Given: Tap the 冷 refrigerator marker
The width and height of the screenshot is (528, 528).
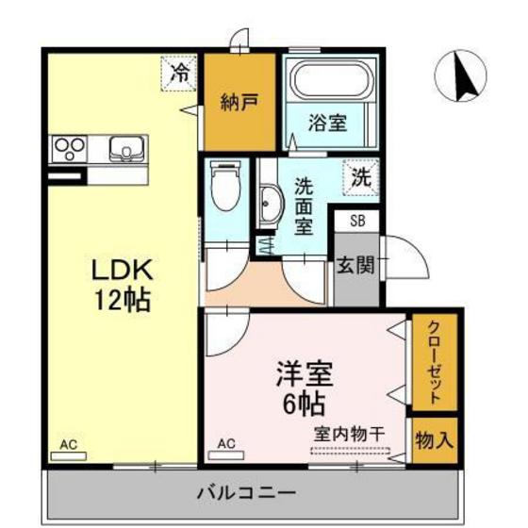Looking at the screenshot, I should click(x=178, y=73).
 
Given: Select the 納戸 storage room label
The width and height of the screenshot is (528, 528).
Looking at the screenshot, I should click(x=239, y=103).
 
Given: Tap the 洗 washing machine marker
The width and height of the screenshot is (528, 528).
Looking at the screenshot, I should click(x=360, y=175).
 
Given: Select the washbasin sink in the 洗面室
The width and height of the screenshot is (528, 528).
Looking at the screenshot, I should click(x=271, y=202).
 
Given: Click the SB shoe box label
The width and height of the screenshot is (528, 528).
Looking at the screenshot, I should click(x=357, y=222).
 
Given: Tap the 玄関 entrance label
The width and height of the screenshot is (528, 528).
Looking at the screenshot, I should click(x=356, y=265).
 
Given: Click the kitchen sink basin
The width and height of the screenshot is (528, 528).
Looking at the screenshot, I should click(x=126, y=148).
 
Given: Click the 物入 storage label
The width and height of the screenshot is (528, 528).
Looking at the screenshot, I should click(x=435, y=439).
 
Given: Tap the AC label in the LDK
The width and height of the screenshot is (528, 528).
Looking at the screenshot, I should click(x=68, y=442).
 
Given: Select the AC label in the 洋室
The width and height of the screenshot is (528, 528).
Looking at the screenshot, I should click(x=226, y=442).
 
